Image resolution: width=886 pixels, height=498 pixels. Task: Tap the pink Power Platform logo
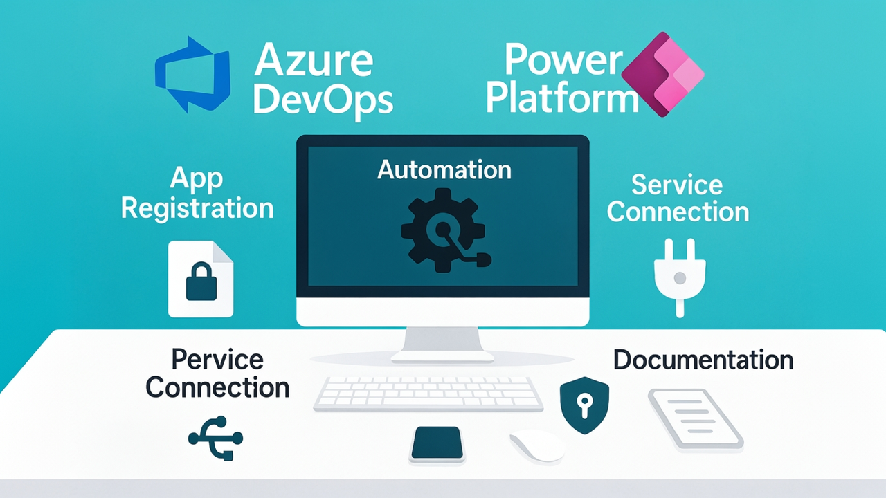coord(662,74)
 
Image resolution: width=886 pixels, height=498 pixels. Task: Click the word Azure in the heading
coord(314,60)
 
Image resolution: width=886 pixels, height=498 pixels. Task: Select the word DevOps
coord(323,100)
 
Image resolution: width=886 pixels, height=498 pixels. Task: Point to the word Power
coord(563,60)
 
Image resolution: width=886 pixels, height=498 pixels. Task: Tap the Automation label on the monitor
coord(444,169)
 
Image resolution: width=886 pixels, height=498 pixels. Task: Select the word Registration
coord(197,208)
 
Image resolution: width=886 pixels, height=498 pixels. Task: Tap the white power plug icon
coord(679,277)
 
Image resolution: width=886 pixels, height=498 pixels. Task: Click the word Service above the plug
coord(677,185)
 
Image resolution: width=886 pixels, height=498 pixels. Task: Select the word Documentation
coord(703,360)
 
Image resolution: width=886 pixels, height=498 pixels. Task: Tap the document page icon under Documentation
coord(695,419)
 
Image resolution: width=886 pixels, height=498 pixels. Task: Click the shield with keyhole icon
coord(584,405)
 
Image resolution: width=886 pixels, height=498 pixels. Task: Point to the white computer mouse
coord(537,446)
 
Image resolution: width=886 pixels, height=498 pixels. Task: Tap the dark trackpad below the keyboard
coord(437,443)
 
